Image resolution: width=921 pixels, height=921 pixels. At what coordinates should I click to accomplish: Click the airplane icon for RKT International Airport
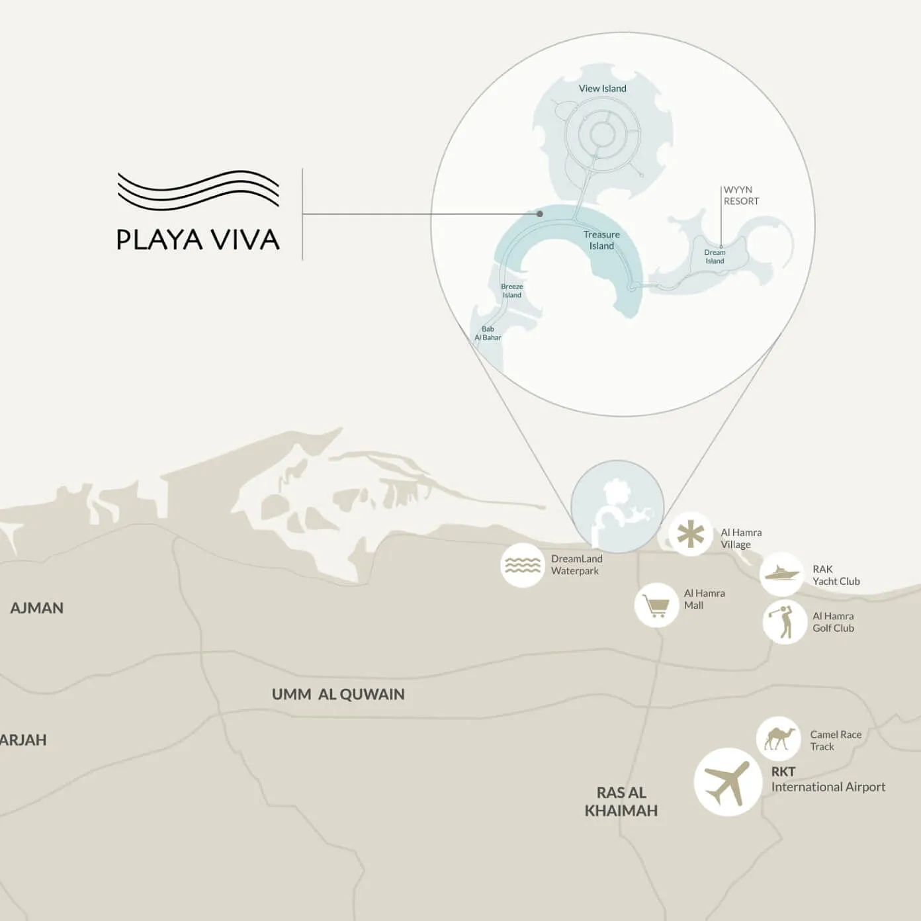click(727, 782)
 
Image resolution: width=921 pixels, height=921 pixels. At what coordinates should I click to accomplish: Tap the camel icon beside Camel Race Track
click(779, 738)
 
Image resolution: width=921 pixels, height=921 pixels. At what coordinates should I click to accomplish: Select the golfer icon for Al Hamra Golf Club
click(785, 622)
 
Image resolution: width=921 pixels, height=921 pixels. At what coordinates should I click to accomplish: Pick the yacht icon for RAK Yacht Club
click(782, 574)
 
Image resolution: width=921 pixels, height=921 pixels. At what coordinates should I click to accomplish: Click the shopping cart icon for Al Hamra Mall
click(656, 605)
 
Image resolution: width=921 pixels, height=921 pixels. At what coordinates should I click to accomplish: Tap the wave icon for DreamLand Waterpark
click(523, 565)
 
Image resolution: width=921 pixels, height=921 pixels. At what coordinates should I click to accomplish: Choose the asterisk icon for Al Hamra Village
click(690, 534)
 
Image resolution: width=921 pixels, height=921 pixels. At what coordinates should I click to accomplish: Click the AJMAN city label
click(37, 608)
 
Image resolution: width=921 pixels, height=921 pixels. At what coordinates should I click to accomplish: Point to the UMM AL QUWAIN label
click(338, 695)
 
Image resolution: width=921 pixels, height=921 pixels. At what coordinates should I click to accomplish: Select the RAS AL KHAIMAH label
click(621, 801)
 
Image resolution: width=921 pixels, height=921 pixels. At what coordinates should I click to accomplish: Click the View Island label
click(602, 89)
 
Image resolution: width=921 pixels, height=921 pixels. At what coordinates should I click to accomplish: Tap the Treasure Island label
click(601, 240)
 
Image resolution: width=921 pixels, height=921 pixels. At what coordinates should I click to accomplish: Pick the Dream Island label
click(715, 257)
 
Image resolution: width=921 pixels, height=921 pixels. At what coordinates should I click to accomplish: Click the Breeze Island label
click(511, 291)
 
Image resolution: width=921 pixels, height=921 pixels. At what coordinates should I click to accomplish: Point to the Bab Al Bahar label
click(488, 333)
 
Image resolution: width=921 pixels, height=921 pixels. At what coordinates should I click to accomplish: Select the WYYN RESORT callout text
click(741, 196)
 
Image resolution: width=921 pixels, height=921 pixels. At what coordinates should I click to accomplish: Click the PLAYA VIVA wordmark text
click(198, 240)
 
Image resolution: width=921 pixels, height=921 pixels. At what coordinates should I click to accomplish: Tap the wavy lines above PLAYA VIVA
click(198, 189)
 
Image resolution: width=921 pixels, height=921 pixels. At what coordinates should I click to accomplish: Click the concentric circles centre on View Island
click(601, 134)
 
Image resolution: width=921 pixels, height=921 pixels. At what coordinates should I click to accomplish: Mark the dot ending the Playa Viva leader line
click(540, 214)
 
